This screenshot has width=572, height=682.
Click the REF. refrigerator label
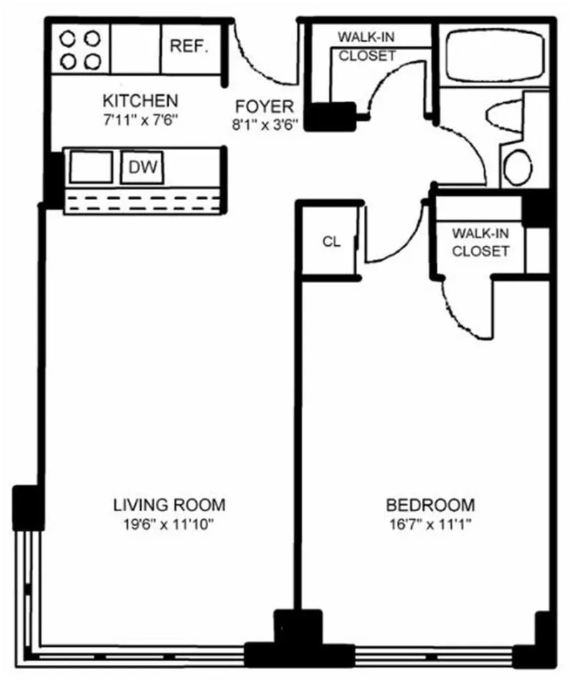click(x=189, y=47)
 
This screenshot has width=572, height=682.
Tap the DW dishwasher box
click(x=142, y=167)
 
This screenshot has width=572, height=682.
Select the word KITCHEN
click(x=140, y=99)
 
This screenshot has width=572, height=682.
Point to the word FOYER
click(x=264, y=107)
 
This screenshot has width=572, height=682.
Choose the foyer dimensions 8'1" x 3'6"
click(x=264, y=123)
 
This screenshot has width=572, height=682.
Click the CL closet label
click(x=330, y=242)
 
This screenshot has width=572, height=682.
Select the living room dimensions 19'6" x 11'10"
click(x=169, y=524)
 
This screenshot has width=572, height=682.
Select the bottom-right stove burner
click(x=91, y=61)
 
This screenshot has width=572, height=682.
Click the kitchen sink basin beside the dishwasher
click(x=90, y=167)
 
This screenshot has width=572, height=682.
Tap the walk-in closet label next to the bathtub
click(x=366, y=45)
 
